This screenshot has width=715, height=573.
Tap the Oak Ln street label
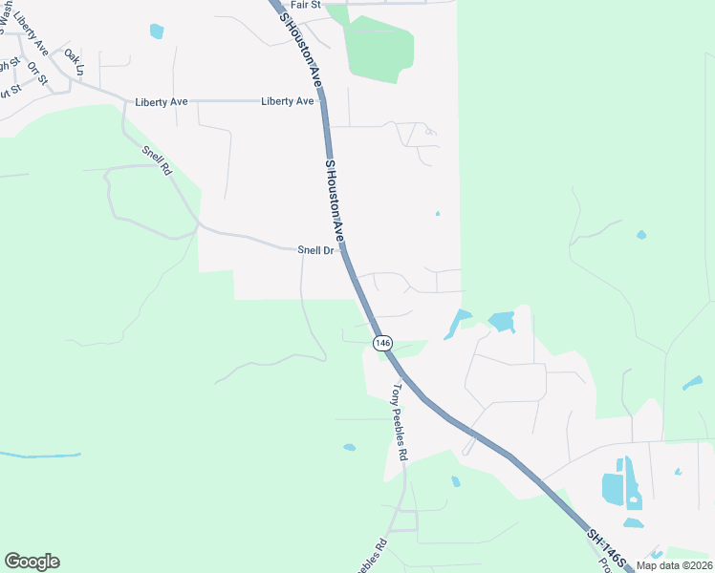coord(75,63)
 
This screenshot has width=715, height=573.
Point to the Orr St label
coord(37,73)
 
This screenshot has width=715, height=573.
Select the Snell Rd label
coord(156,160)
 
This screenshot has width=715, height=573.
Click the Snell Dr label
coord(315,250)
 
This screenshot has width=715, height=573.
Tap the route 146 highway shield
coord(382,342)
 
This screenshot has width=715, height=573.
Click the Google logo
coord(32,562)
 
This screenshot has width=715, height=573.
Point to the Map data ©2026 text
coord(675,565)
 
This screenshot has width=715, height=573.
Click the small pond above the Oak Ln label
coord(157,31)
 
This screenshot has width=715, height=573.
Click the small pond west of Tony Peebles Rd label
coord(350,447)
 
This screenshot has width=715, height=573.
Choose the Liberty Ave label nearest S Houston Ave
coord(288,101)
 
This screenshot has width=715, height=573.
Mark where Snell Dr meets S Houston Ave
coord(344,251)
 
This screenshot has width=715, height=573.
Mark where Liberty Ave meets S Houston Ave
coord(322,101)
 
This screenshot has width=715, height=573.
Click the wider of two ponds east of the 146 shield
coord(501,322)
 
